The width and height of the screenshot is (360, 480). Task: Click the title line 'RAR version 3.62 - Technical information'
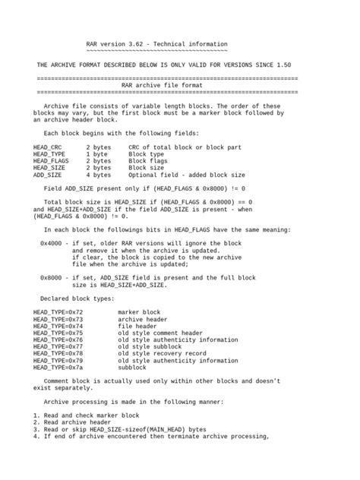coord(156,45)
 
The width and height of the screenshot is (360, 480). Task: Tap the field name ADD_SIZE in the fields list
coord(48,175)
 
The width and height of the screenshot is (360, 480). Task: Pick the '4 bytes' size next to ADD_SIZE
coord(99,175)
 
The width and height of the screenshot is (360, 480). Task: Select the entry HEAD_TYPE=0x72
coord(58,311)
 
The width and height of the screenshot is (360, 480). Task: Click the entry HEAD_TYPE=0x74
coord(58,326)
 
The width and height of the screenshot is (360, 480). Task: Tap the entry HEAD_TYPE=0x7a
coord(58,368)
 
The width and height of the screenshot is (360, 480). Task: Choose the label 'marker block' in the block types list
coord(139,311)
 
